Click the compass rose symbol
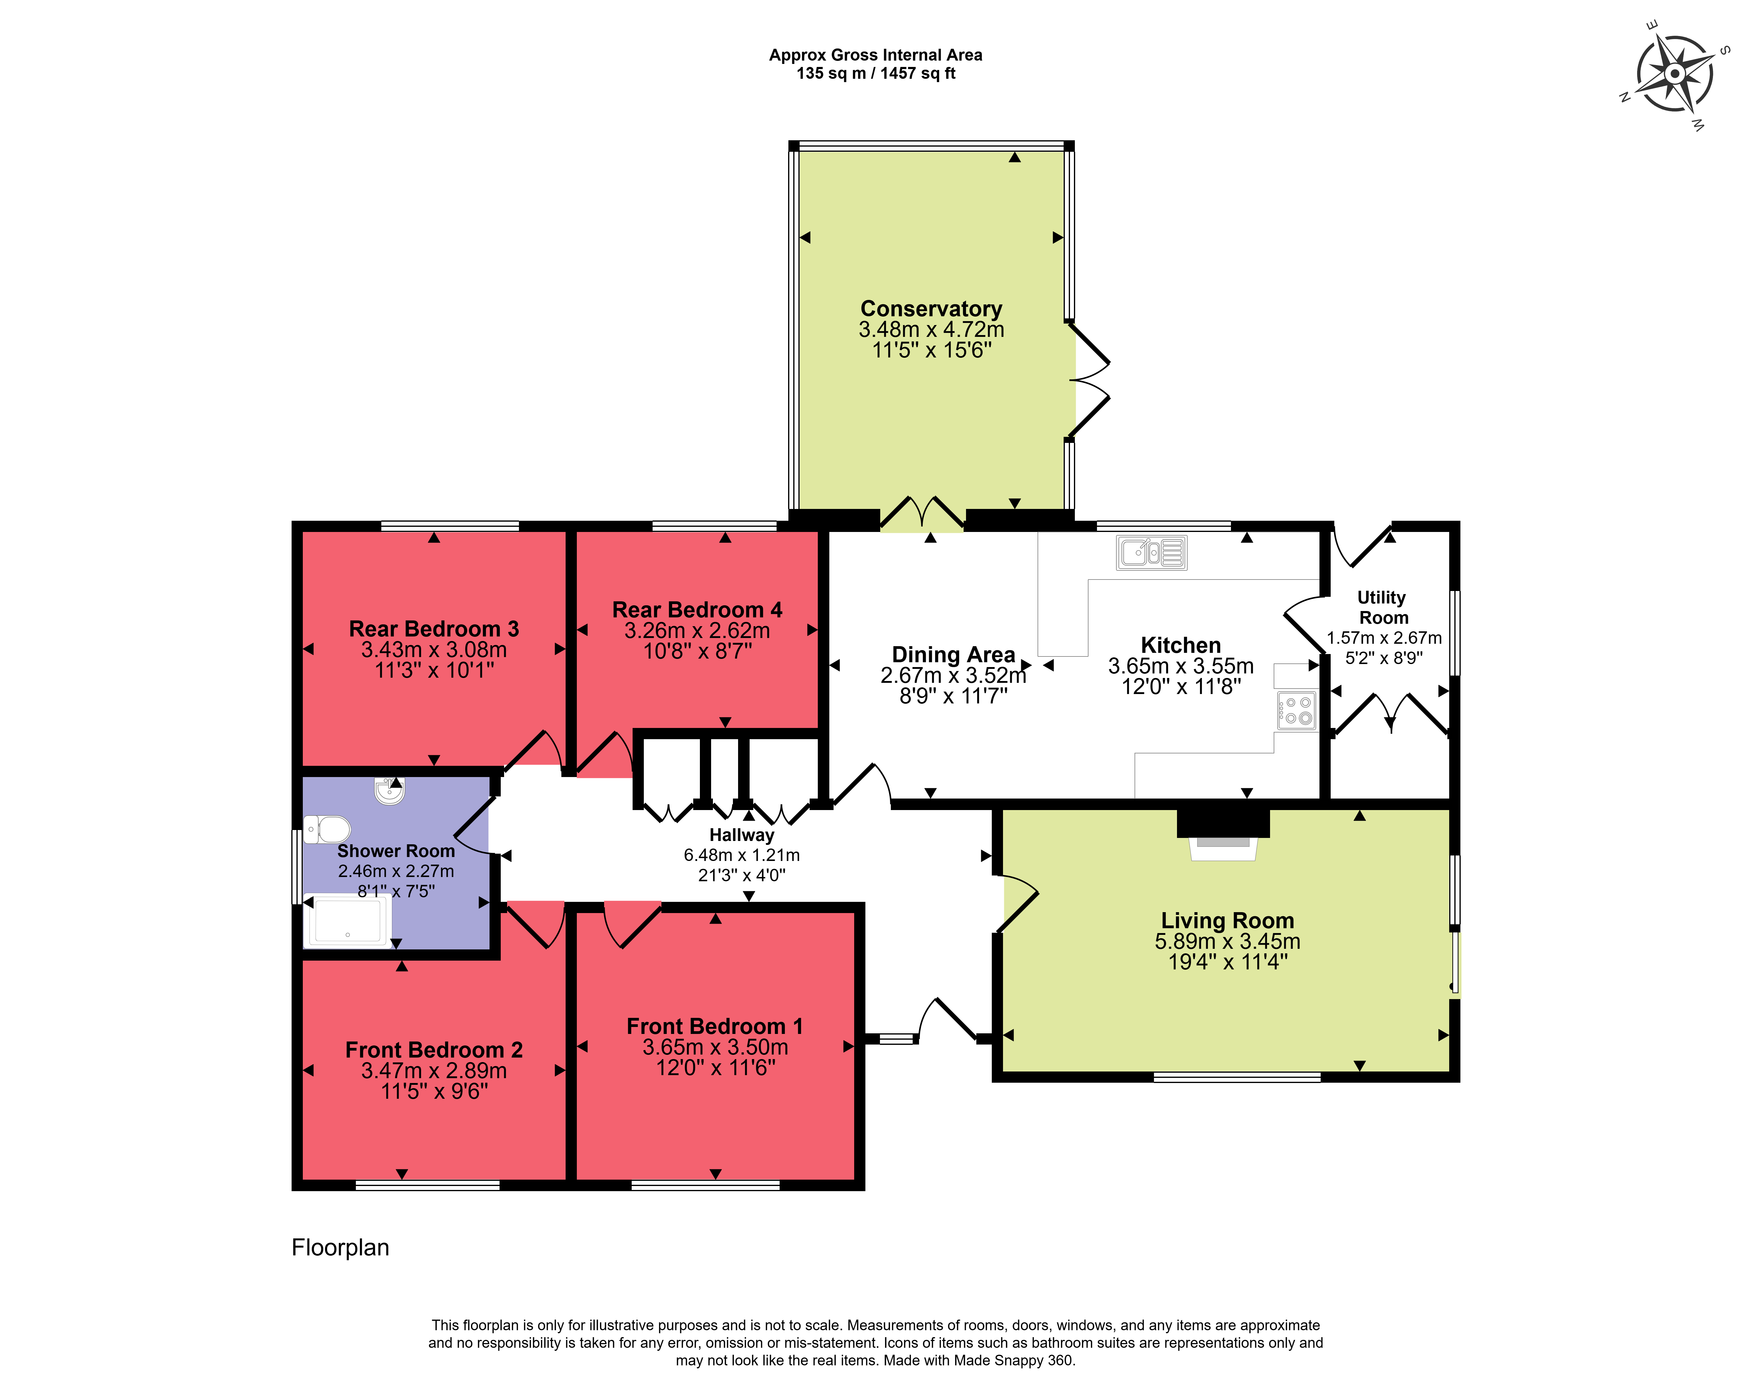coord(1674,74)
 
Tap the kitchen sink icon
coord(1152,552)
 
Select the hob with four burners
coord(1296,711)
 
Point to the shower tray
coord(347,921)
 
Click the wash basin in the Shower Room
coord(390,791)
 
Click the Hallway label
coord(742,835)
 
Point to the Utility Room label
coord(1383,607)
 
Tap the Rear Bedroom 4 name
coord(697,610)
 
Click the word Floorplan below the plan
coord(340,1247)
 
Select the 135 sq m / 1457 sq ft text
coord(876,73)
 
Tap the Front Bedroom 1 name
coord(715,1027)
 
